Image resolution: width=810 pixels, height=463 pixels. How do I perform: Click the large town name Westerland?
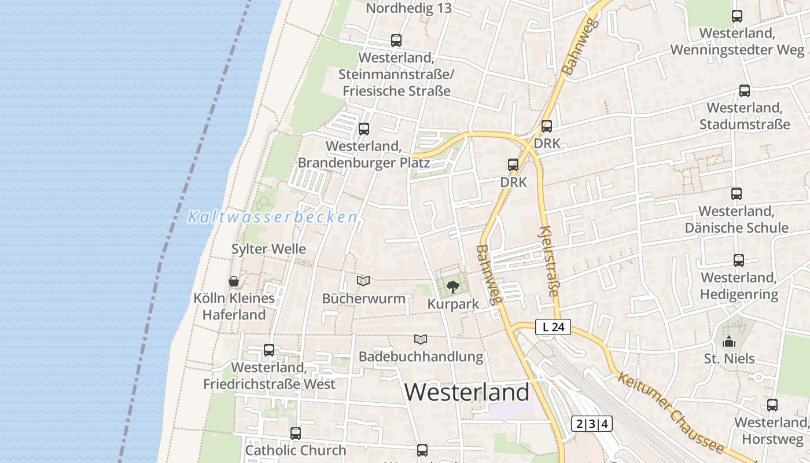(466, 392)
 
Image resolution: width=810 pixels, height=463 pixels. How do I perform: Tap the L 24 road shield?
(553, 327)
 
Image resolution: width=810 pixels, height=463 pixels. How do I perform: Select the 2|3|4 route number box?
(591, 424)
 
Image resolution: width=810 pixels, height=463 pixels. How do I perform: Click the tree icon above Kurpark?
(452, 286)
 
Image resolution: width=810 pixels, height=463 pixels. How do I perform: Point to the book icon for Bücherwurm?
(363, 281)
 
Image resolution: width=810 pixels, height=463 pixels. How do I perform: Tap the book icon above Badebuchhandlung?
(421, 339)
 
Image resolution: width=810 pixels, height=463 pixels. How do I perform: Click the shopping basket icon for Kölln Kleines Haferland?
(234, 281)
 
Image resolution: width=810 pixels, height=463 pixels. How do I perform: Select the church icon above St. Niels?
(729, 341)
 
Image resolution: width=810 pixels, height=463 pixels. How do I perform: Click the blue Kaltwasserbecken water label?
(272, 218)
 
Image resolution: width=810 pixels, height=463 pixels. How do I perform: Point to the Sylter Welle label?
(268, 249)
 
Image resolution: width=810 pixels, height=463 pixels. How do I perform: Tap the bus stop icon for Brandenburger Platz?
(364, 129)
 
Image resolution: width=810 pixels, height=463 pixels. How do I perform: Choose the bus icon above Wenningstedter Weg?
(737, 16)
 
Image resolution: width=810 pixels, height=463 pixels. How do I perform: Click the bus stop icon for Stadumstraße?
(745, 91)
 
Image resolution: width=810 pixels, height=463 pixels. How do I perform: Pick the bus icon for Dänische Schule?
(737, 194)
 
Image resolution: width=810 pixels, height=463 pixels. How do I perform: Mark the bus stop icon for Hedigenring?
(739, 260)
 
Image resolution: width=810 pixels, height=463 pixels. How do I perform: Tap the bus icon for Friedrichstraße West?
(269, 350)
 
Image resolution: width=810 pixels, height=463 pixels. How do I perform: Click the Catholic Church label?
(296, 450)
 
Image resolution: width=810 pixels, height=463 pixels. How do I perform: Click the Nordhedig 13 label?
(409, 8)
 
